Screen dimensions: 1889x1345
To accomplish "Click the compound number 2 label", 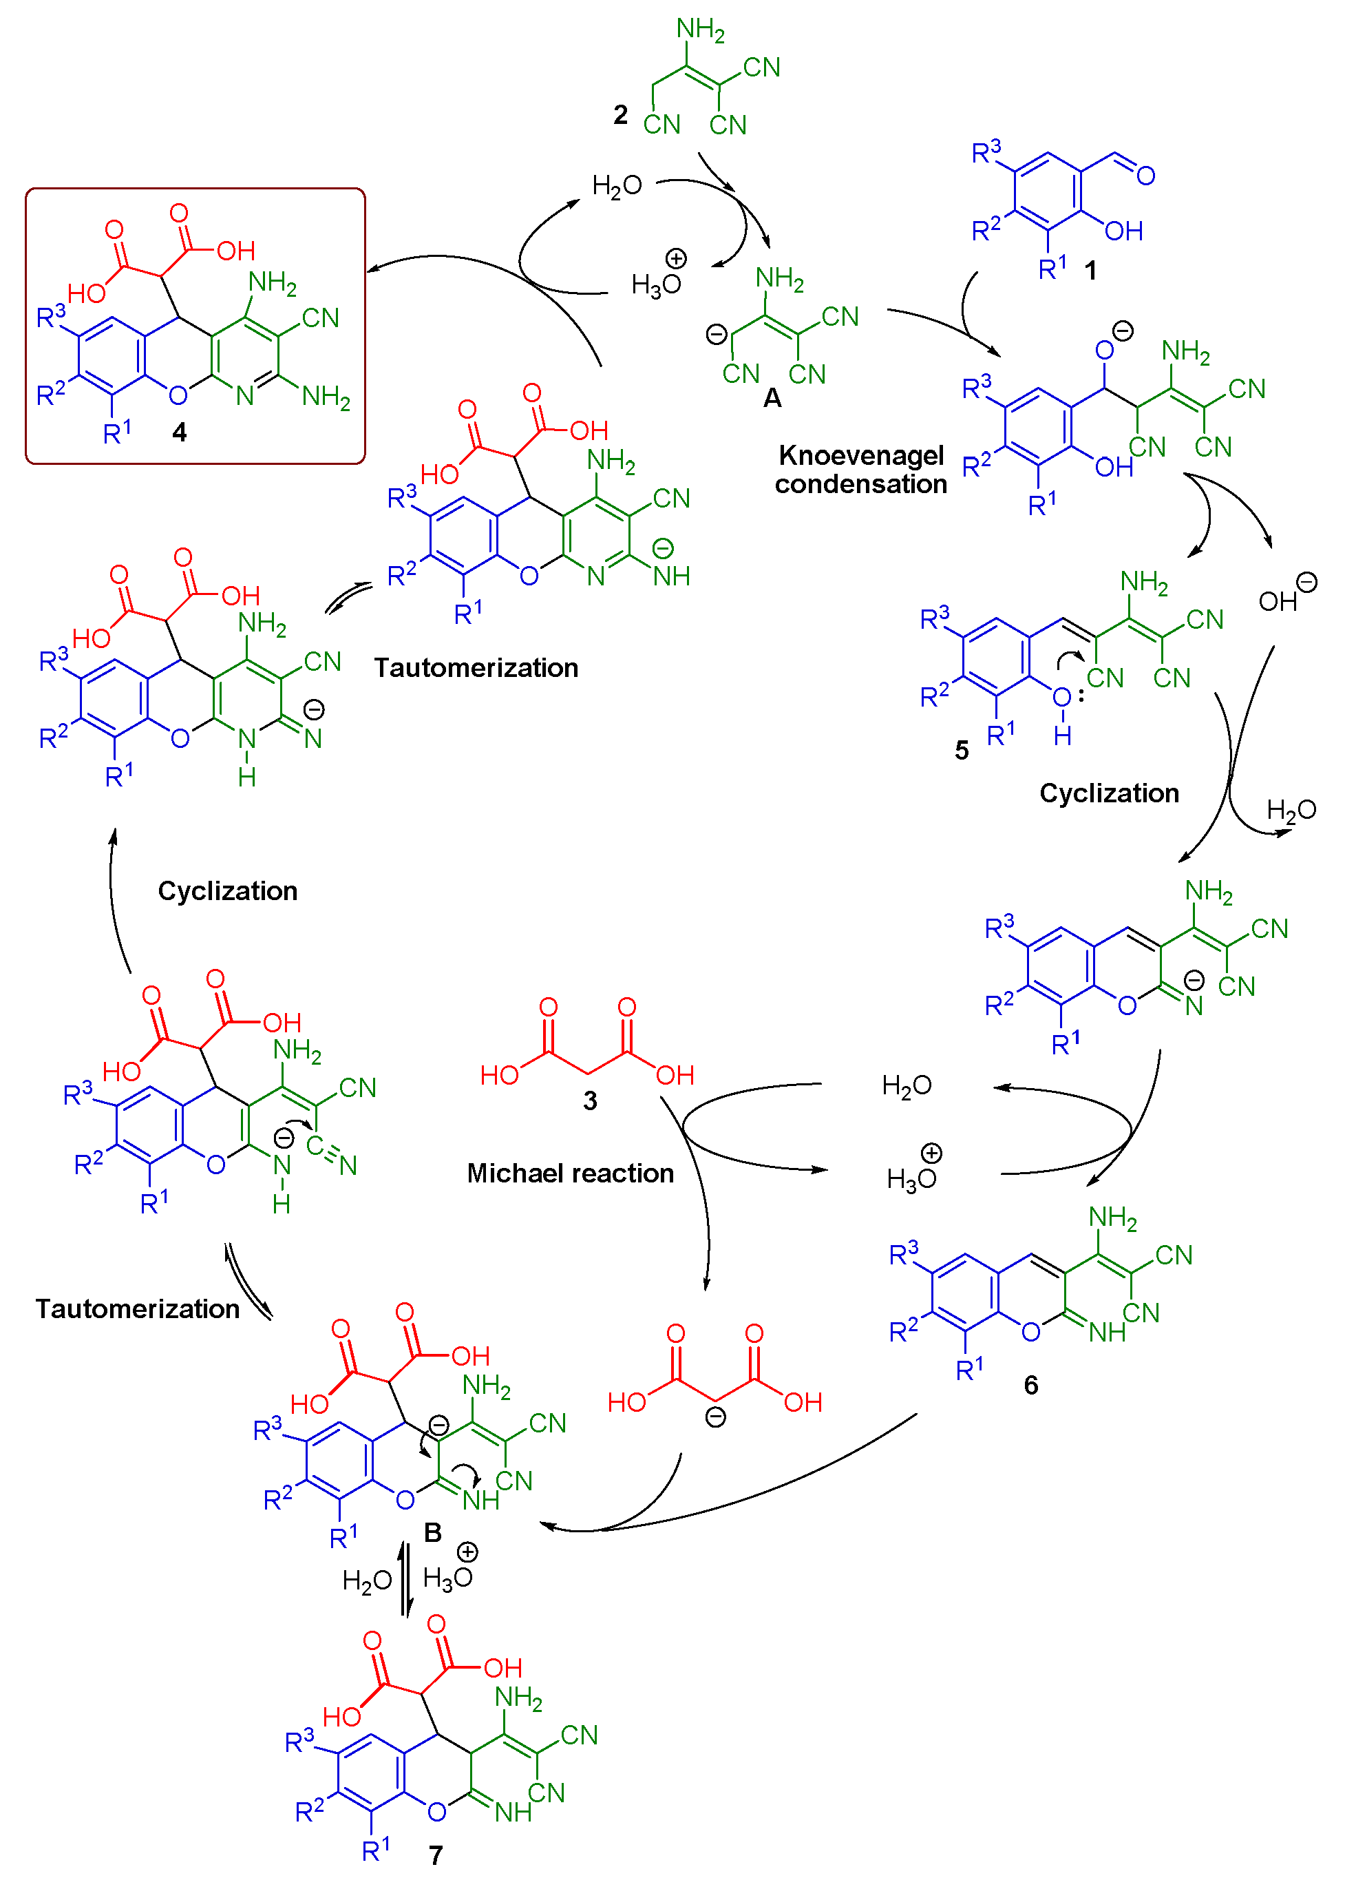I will click(x=620, y=114).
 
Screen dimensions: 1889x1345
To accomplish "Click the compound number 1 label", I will click(x=1091, y=270).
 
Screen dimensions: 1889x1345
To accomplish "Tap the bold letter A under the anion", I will click(x=772, y=399).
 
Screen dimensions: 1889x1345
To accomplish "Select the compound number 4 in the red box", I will click(x=179, y=432).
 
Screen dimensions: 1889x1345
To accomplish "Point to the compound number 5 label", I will click(x=961, y=751).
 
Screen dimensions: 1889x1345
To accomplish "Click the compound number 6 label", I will click(x=1030, y=1386).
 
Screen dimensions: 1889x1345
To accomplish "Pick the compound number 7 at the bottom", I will click(x=436, y=1855).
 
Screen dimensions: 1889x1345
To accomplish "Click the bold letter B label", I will click(x=432, y=1533).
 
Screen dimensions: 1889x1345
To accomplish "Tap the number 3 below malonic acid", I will click(x=590, y=1101).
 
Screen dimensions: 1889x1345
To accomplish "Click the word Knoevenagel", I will click(x=860, y=456).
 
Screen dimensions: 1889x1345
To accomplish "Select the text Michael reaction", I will click(x=570, y=1173).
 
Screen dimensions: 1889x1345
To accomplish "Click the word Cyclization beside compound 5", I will click(x=1108, y=794).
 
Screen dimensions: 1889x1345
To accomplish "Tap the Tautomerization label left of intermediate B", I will click(x=138, y=1309).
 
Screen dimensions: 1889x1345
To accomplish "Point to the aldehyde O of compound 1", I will click(x=1145, y=176).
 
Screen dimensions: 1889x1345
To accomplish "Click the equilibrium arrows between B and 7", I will click(x=405, y=1579).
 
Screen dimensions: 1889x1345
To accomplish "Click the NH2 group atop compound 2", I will click(x=700, y=30).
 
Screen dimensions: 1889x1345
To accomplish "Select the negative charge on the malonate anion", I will click(x=716, y=1417).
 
